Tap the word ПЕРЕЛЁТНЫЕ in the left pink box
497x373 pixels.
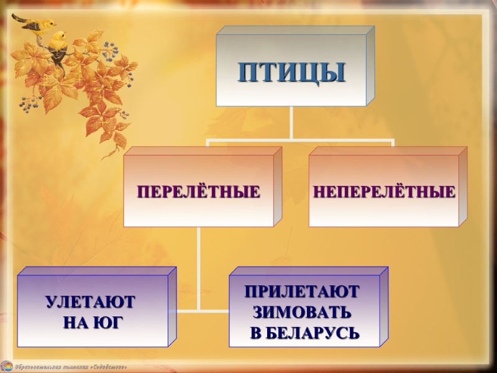coord(198,191)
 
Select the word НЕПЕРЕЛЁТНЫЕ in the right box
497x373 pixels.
coord(383,191)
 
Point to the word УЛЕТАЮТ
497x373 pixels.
coord(90,303)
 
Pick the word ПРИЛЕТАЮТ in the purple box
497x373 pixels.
coord(301,291)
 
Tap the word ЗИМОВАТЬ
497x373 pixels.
coord(301,311)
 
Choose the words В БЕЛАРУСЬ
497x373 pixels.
coord(304,332)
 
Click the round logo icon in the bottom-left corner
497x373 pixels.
coord(7,366)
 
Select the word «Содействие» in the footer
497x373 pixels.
coord(107,367)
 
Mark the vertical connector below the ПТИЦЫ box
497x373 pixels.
coord(291,123)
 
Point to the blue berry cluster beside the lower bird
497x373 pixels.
coord(111,50)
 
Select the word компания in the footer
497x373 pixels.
coord(73,367)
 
